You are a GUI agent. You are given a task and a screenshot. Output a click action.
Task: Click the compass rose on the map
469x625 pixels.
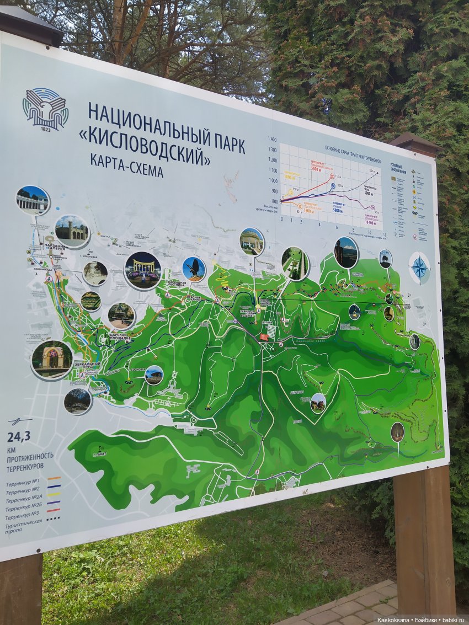point(419,268)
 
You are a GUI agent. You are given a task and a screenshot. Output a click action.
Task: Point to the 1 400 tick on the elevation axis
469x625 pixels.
point(271,140)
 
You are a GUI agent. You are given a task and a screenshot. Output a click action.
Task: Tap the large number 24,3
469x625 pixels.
point(18,437)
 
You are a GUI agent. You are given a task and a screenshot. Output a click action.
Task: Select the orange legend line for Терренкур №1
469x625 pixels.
point(54,479)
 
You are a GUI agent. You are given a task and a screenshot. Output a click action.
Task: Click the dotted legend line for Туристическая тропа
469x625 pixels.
point(54,519)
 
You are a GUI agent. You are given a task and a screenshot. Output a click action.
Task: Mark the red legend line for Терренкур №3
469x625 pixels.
point(54,510)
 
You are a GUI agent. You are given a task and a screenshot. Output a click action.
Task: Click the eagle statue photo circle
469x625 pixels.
point(194,269)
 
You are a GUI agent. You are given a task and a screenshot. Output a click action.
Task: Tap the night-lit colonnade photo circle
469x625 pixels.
point(142,270)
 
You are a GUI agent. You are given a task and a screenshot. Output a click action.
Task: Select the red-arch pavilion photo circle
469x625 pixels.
point(51,360)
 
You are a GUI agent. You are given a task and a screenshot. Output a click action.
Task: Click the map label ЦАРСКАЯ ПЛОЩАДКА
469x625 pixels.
point(118,336)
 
